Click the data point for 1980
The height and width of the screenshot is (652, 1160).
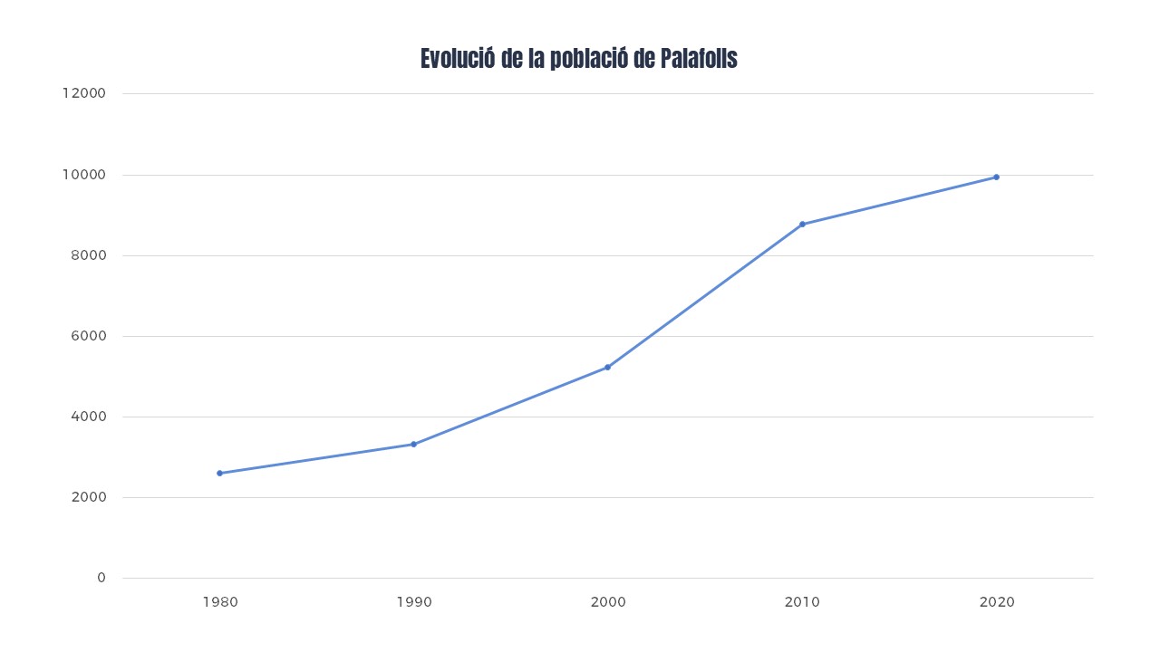[x=219, y=473]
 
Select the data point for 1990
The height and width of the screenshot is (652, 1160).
[x=413, y=444]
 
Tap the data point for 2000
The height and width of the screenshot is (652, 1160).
[x=607, y=367]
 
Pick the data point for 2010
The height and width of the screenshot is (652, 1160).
[x=802, y=224]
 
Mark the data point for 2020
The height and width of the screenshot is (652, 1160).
[x=996, y=177]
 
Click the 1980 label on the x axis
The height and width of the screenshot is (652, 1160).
[x=220, y=601]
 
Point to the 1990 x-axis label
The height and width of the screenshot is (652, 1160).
[x=414, y=601]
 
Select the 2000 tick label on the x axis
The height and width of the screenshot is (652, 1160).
[x=608, y=601]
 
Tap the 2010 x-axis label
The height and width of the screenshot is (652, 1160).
[x=802, y=601]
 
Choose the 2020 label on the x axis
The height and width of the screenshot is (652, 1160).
[x=997, y=601]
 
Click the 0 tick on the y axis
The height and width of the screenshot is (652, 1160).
[x=101, y=578]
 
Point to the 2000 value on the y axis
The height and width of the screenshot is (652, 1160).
[x=89, y=497]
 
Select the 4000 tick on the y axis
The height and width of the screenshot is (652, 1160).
[x=89, y=417]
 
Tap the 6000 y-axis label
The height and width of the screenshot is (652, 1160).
[x=89, y=336]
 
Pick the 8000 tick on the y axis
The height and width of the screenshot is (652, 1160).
[x=89, y=255]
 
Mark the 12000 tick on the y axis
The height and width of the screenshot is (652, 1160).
[x=84, y=93]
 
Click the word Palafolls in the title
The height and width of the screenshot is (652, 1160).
[x=698, y=59]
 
